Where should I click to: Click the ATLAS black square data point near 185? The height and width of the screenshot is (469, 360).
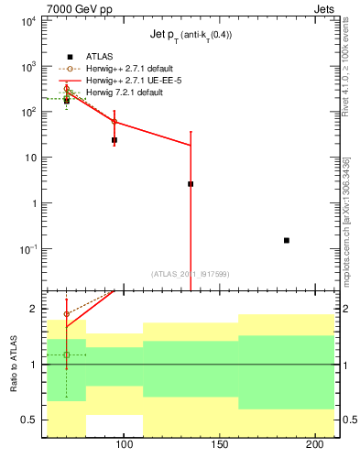coord(287,240)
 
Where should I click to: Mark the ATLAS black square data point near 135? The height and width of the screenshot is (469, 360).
coord(191,184)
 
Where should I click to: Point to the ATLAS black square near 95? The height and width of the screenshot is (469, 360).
coord(115,140)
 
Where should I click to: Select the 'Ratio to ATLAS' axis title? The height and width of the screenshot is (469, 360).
coord(14,364)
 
